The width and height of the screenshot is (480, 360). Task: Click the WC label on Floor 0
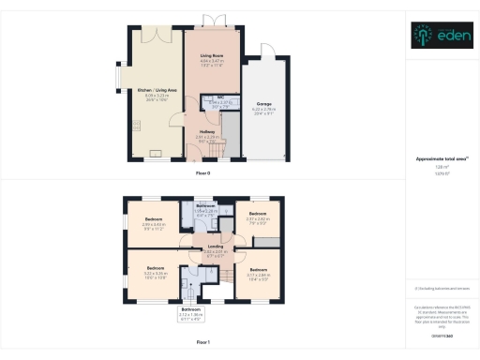click(x=218, y=102)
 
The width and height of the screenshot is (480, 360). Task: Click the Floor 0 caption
click(x=202, y=174)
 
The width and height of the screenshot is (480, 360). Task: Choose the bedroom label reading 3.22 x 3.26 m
click(x=155, y=275)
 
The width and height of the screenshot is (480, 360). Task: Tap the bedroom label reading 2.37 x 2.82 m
click(x=258, y=221)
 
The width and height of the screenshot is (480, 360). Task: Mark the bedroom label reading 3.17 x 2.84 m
click(x=259, y=274)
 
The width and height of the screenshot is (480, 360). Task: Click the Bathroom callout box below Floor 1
click(x=191, y=312)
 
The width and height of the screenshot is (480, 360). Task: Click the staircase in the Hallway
click(x=218, y=147)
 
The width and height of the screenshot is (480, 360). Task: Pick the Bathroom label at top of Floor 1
click(x=206, y=208)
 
